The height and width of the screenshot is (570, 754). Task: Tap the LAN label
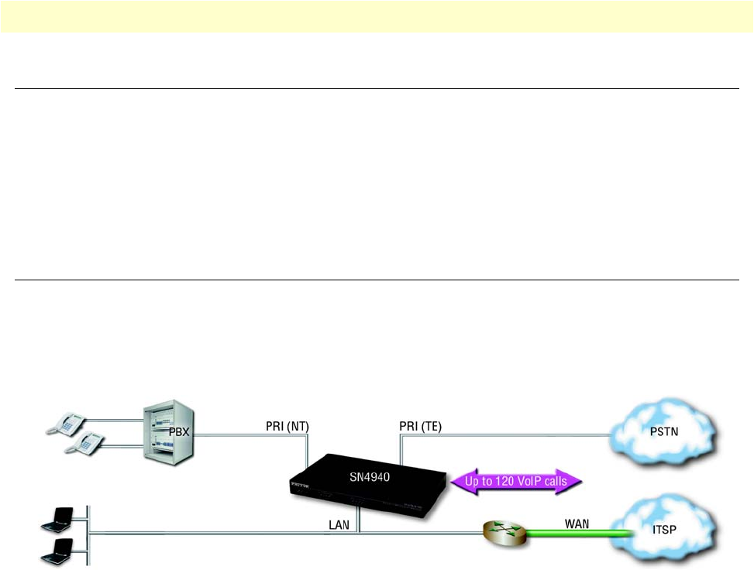coord(339,524)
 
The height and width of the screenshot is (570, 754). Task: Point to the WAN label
coord(577,524)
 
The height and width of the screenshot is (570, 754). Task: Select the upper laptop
coord(57,518)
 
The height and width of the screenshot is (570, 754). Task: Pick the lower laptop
coord(57,553)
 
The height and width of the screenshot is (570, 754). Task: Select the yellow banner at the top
coord(377,16)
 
